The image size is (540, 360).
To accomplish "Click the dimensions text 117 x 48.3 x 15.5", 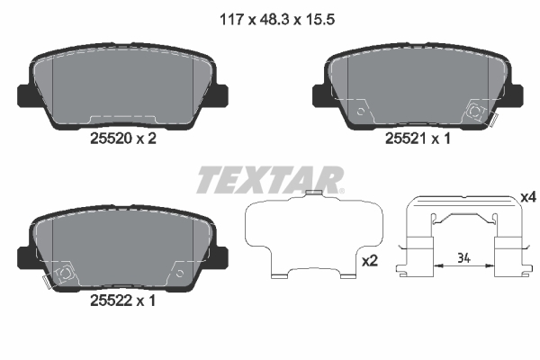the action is [277, 20].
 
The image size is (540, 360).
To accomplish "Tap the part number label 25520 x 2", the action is [123, 139].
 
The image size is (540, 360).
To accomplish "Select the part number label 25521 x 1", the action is [418, 139].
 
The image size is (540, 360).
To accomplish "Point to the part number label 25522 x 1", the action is [122, 301].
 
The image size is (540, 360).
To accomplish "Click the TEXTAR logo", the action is [270, 180].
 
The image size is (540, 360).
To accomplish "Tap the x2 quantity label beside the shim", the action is [370, 261].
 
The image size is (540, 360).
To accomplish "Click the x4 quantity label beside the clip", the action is [528, 197].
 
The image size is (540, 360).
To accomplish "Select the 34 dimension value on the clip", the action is [463, 257].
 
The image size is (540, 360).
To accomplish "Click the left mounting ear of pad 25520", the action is [25, 95].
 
